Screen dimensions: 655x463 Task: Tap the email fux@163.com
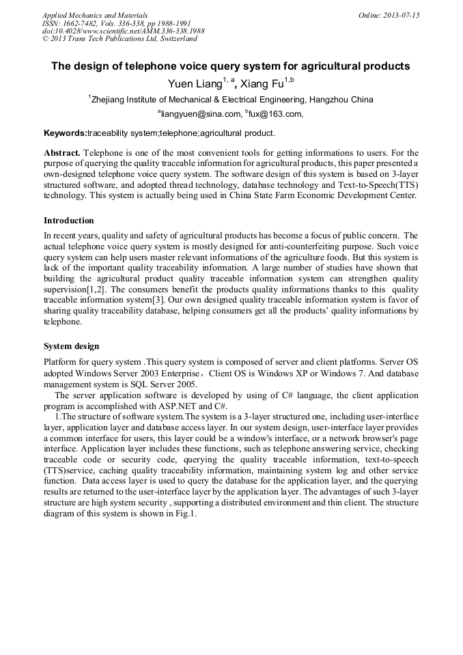point(275,114)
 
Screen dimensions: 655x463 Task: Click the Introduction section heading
point(68,221)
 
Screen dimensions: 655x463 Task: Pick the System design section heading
point(71,346)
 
